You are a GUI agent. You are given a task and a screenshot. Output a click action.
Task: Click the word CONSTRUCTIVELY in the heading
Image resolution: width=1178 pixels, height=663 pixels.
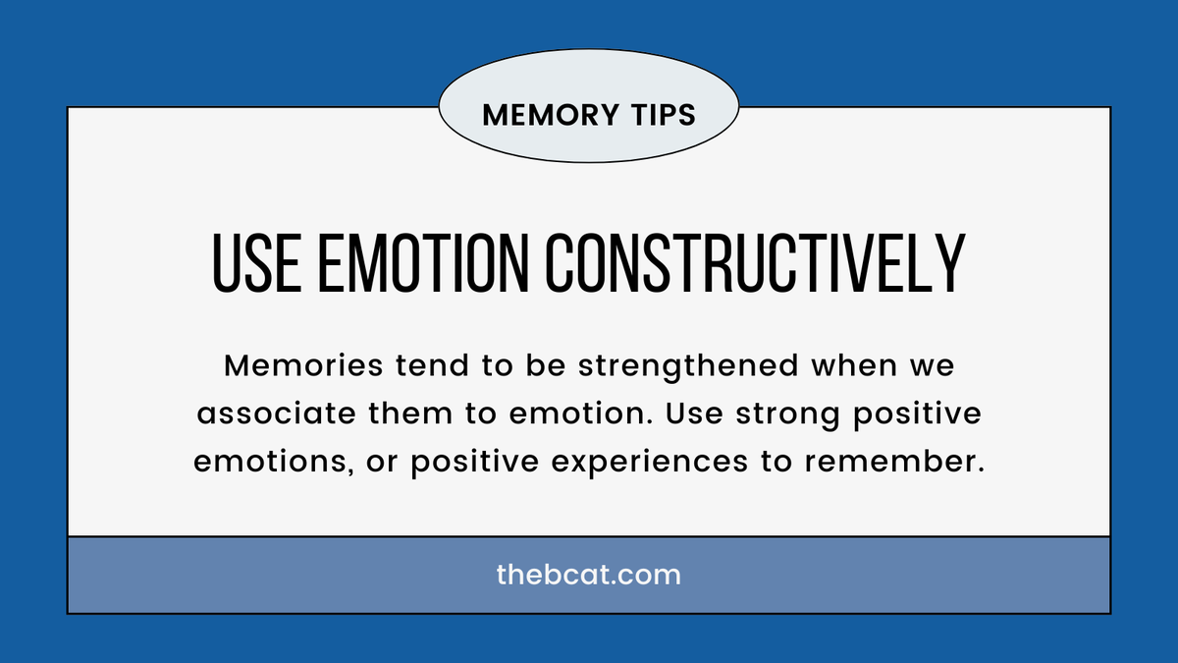(x=751, y=262)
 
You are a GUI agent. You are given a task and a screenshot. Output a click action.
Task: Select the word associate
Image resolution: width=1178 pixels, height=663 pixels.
(x=278, y=414)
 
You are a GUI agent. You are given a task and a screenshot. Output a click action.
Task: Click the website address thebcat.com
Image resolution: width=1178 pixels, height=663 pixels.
(x=588, y=575)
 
